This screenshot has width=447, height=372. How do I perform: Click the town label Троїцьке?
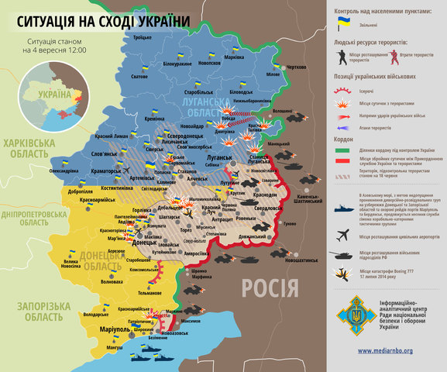(141, 38)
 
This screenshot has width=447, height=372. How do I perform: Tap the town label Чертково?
(297, 68)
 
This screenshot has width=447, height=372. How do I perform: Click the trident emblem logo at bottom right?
(350, 314)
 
